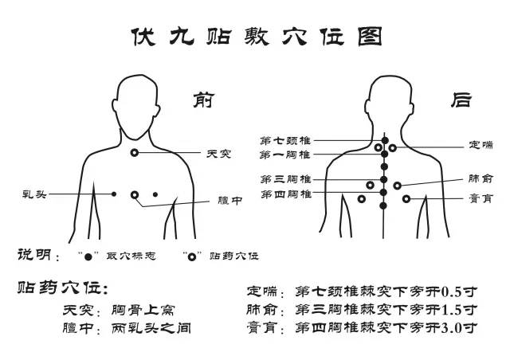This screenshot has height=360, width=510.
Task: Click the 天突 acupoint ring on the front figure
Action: [135, 150]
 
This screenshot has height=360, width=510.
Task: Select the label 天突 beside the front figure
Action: [218, 154]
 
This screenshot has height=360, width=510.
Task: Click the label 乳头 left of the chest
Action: [34, 194]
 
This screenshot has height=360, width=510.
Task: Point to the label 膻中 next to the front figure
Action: [230, 201]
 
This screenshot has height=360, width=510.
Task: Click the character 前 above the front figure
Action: [204, 100]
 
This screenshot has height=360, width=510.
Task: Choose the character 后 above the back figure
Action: [461, 100]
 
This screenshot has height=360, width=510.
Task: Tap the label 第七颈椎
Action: [285, 141]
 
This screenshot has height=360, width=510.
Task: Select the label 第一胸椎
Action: [285, 155]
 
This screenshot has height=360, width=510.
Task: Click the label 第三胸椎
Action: [286, 179]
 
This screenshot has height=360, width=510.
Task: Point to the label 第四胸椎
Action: [286, 194]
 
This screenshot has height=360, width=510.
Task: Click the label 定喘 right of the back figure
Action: [481, 144]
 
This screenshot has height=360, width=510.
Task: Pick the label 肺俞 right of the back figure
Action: [481, 178]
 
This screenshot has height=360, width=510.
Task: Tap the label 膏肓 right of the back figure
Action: [481, 198]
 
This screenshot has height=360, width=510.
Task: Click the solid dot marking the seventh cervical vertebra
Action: [385, 140]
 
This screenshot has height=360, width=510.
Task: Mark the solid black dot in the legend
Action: [88, 257]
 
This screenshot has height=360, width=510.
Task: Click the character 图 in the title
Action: [370, 37]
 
